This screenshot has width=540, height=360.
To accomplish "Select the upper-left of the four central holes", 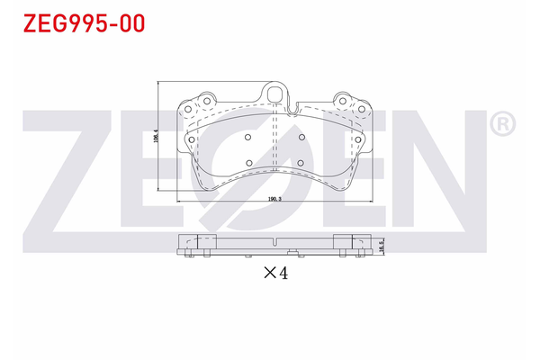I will [248, 138].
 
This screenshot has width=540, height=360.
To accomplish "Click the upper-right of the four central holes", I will [302, 138].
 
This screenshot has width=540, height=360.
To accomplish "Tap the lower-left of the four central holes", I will [248, 164].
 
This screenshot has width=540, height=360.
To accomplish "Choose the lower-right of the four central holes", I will [302, 164].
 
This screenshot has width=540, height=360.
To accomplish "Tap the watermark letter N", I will [432, 171].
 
